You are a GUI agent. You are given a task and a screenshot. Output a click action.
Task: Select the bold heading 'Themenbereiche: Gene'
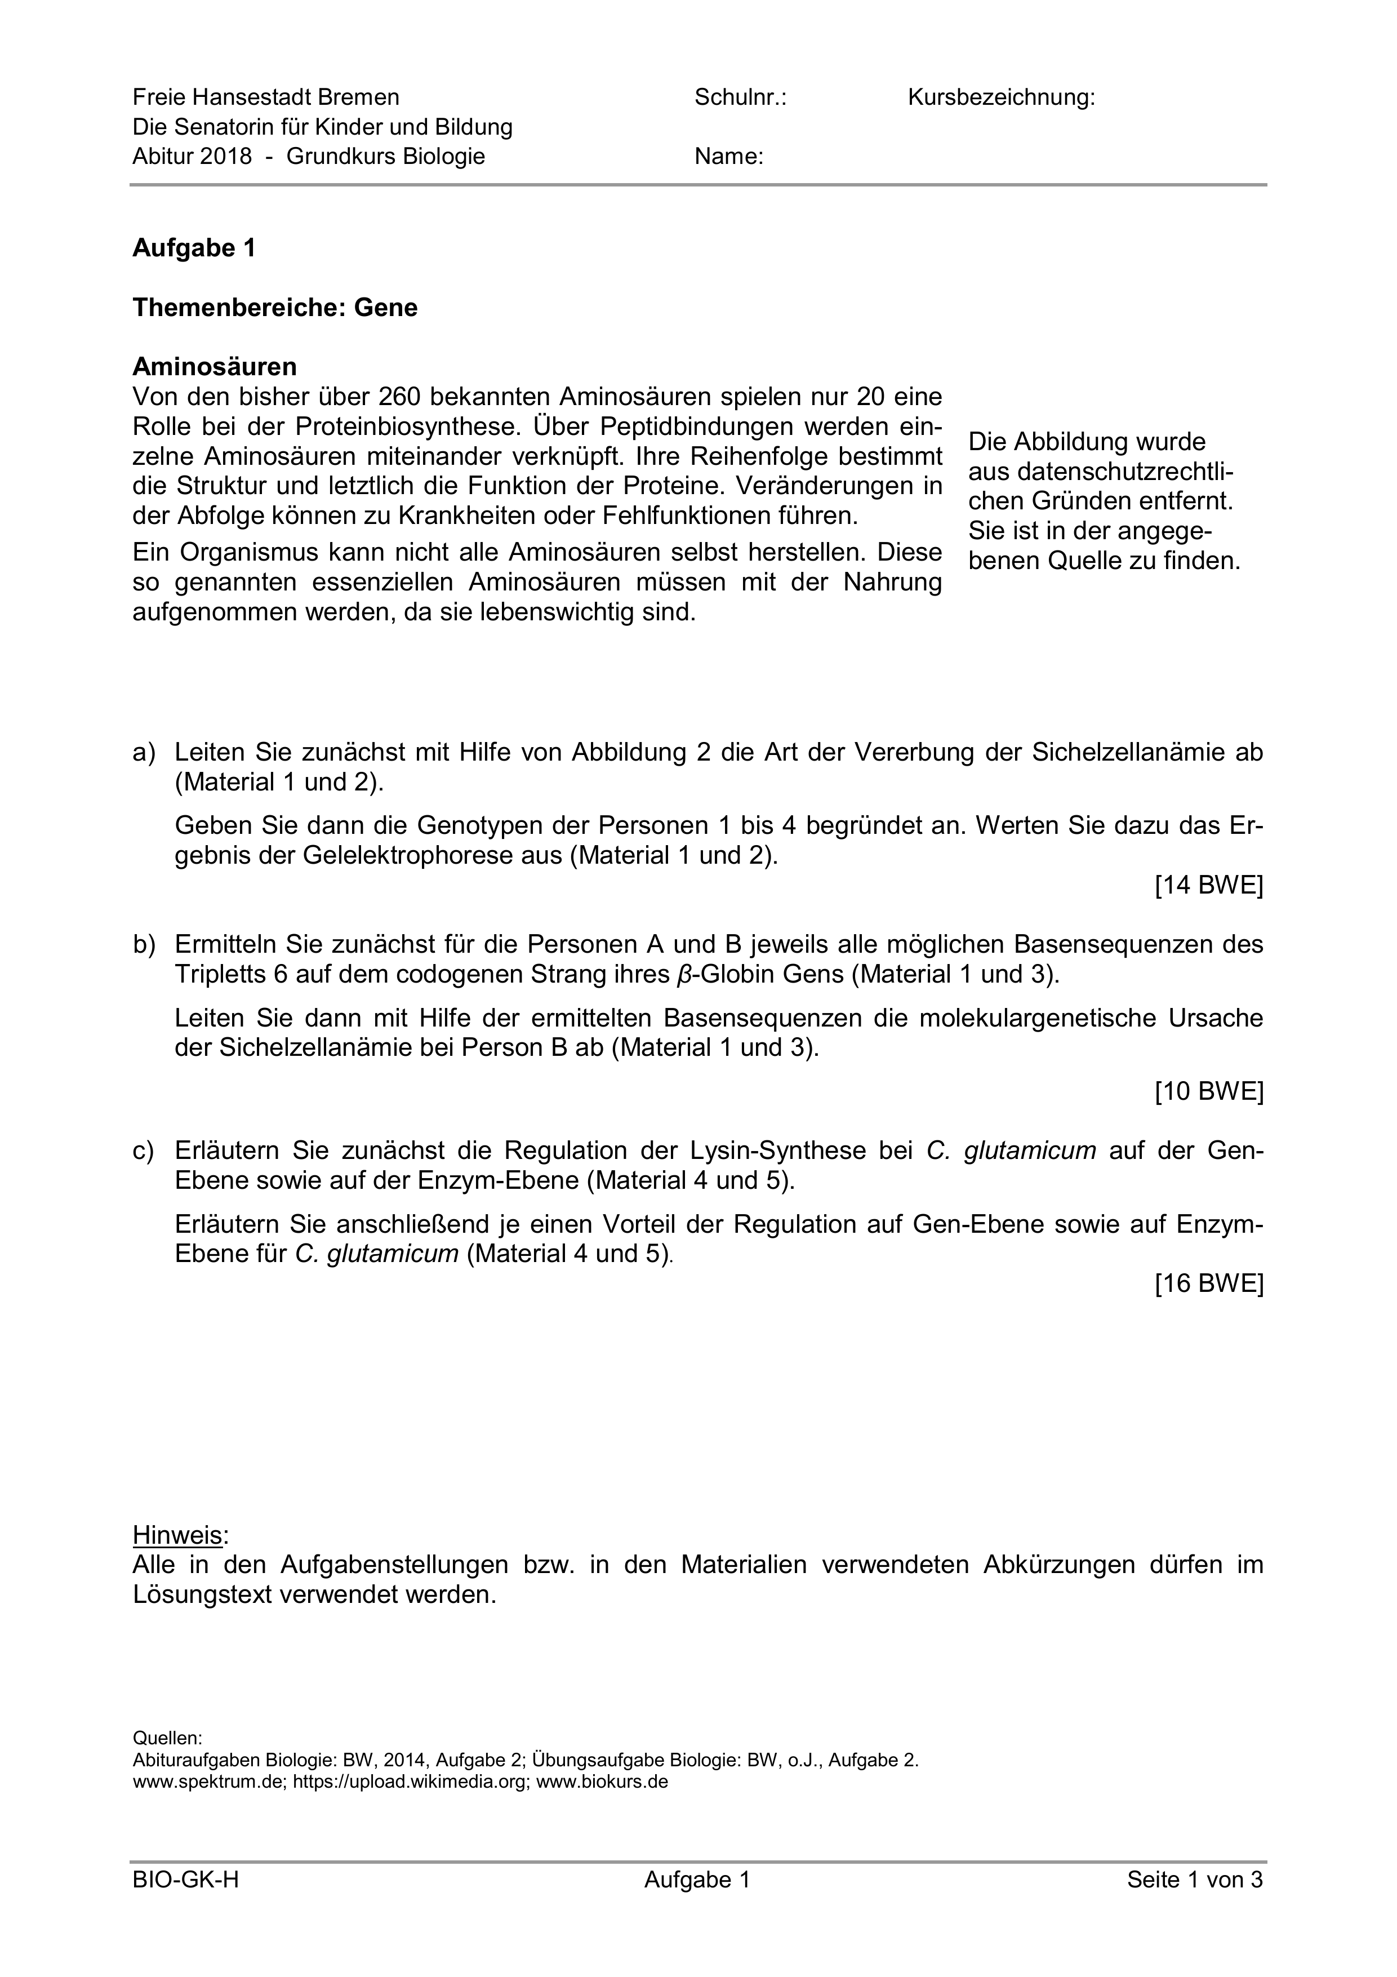tap(274, 308)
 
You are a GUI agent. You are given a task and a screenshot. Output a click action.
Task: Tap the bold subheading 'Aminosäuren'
tap(214, 367)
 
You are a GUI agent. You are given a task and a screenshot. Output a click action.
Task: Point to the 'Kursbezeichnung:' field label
tap(1001, 98)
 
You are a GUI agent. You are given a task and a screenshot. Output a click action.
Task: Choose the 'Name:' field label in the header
tap(729, 157)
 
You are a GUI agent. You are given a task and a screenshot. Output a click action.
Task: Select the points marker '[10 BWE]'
tap(1208, 1092)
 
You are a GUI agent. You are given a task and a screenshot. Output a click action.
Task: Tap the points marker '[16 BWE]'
tap(1208, 1284)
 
